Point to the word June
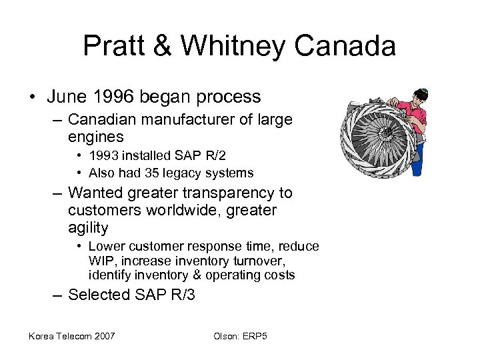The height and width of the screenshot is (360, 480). coord(69,97)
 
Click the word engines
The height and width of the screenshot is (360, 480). coord(96,137)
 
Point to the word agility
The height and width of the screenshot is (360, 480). coord(88,228)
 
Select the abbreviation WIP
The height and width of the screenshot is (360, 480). coord(99,261)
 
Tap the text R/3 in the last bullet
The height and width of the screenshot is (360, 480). coord(180,295)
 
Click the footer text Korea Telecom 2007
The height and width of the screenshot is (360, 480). coord(71,335)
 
